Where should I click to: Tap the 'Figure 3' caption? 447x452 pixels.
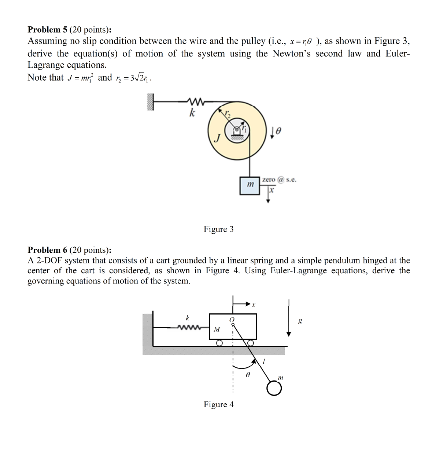(x=218, y=229)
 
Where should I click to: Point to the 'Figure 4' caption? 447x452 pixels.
(x=218, y=404)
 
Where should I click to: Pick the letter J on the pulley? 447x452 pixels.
(x=217, y=138)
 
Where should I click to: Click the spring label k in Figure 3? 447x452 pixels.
(x=191, y=113)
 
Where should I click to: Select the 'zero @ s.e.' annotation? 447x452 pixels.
(x=279, y=179)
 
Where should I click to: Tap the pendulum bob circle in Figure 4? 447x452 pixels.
(x=274, y=389)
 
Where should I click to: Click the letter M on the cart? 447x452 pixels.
(x=217, y=329)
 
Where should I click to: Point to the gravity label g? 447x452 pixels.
(x=300, y=321)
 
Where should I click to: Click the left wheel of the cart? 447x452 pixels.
(x=219, y=343)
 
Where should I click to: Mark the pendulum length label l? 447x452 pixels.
(x=264, y=362)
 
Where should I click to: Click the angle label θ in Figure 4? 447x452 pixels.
(x=248, y=375)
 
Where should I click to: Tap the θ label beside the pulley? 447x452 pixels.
(x=278, y=130)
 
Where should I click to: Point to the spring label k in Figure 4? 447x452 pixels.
(x=187, y=317)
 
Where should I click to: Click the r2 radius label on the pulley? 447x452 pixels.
(x=228, y=115)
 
